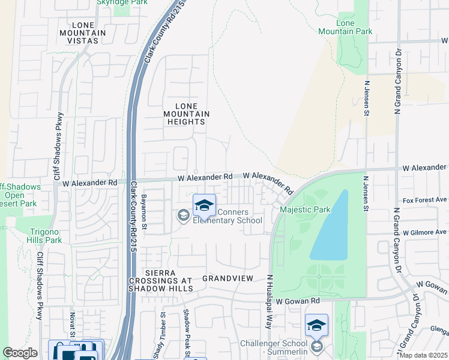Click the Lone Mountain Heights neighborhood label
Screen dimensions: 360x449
click(x=186, y=114)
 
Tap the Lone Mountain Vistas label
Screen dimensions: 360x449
click(x=82, y=32)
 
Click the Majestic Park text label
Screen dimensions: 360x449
click(x=306, y=210)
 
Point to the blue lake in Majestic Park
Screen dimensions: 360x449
click(x=333, y=228)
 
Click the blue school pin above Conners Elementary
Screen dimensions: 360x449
click(x=204, y=206)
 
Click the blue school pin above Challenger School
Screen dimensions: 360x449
click(x=316, y=326)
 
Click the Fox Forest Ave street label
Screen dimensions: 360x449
click(x=425, y=200)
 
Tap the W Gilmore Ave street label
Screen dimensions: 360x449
click(x=425, y=232)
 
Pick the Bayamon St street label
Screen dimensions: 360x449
click(x=144, y=210)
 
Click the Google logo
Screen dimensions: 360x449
click(x=20, y=353)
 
